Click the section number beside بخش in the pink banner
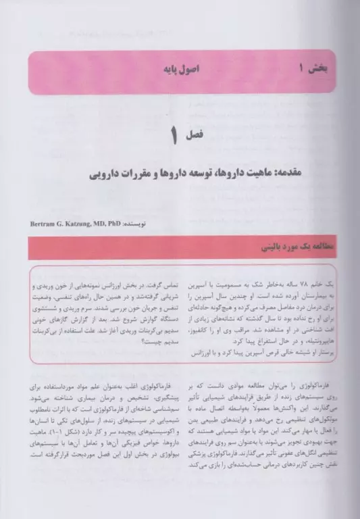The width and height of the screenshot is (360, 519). coord(297,68)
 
